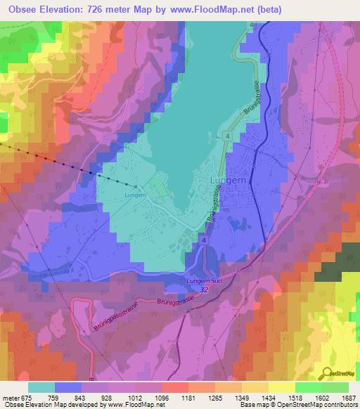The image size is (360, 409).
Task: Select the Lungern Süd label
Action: pyautogui.click(x=204, y=280)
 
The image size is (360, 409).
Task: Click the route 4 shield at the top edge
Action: pyautogui.click(x=250, y=26)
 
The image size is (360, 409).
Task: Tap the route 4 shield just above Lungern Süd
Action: pyautogui.click(x=202, y=240)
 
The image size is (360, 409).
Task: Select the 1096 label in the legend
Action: pyautogui.click(x=161, y=396)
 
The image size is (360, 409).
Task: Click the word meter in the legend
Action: pyautogui.click(x=11, y=396)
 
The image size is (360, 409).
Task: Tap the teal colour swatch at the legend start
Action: pyautogui.click(x=41, y=387)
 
